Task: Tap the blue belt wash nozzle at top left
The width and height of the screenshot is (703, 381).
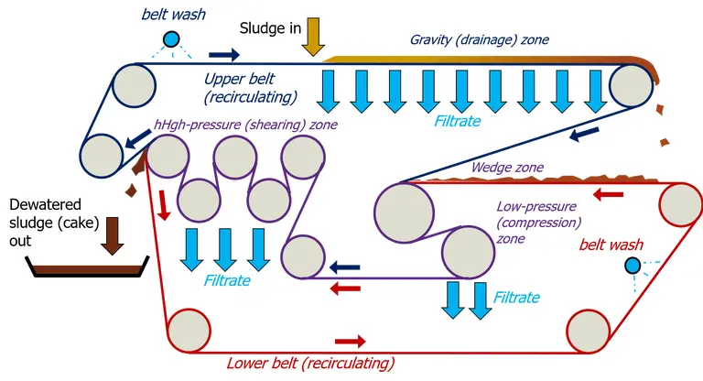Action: [x=171, y=38]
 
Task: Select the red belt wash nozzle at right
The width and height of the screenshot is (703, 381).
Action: [x=632, y=266]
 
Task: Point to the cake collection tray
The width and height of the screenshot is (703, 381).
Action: [x=86, y=267]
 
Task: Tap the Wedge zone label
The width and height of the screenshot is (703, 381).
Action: [x=506, y=169]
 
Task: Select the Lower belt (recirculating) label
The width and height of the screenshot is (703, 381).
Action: [x=310, y=363]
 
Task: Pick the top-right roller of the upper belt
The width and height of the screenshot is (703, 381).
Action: [x=631, y=86]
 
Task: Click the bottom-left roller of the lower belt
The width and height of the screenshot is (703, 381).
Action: [x=188, y=331]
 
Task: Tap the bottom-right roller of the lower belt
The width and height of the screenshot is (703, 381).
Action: [x=589, y=332]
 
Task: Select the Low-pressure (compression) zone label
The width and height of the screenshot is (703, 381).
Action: [x=539, y=223]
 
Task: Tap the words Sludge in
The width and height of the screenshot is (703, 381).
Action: [x=270, y=28]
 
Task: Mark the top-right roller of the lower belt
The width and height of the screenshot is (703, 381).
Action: [x=680, y=202]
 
